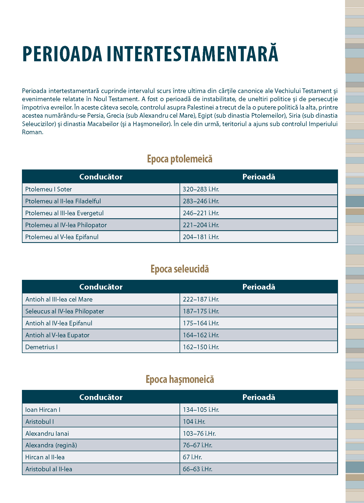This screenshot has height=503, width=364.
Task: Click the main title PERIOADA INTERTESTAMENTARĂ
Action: pos(150,54)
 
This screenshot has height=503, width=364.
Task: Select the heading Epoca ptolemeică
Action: pos(180,159)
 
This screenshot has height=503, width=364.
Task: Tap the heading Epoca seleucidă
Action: pos(180,269)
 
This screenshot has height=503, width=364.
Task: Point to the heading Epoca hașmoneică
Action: pos(180,379)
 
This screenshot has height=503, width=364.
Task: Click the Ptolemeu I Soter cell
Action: pos(48,189)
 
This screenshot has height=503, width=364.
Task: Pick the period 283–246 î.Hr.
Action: pos(201,201)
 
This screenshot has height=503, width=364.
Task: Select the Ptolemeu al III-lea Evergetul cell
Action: pos(64,213)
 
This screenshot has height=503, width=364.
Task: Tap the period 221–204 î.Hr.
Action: pos(201,225)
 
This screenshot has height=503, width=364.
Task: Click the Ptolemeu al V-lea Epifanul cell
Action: pos(62,237)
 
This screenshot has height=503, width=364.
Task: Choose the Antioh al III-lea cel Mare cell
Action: pos(59,299)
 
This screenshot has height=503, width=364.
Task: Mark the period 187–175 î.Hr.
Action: pos(201,311)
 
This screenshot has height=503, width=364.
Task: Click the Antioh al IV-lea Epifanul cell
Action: pos(59,323)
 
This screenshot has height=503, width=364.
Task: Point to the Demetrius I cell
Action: pos(41,347)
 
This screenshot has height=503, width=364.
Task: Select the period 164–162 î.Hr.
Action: pos(201,335)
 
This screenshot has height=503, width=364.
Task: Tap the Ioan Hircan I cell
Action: pos(43,410)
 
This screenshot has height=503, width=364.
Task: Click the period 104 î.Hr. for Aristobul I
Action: pos(194,422)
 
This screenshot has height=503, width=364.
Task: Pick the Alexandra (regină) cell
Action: pos(51,445)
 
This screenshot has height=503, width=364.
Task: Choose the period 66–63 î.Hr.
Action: pos(197,469)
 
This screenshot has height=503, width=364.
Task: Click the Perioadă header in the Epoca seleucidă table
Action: pos(259,287)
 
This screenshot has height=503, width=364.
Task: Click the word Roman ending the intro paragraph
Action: pos(32,132)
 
